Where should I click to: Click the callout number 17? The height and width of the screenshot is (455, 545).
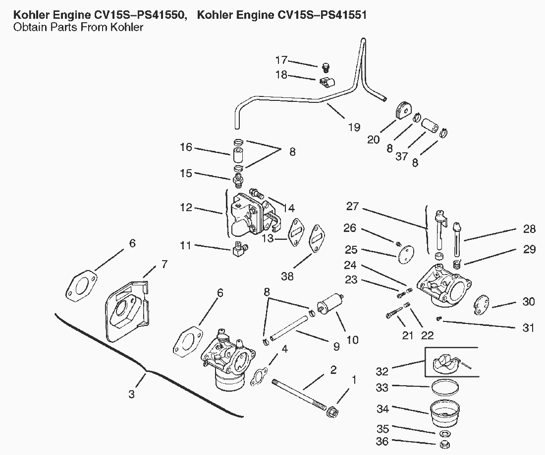pos(281,60)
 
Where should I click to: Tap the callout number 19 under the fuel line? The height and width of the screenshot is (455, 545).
pos(354,127)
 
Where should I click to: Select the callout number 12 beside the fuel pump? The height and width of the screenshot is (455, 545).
pos(186,208)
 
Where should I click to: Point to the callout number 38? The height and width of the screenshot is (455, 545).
pos(287,277)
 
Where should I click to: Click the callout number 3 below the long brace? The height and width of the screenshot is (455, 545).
pos(131,395)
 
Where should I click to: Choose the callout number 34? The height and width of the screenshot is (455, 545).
pos(383,409)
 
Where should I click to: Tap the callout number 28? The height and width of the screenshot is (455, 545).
pos(529,229)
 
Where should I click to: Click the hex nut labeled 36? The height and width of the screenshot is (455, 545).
pos(445,442)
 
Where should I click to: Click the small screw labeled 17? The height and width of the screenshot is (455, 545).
pos(325,66)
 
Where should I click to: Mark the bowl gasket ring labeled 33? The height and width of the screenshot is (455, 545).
pos(444,387)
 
